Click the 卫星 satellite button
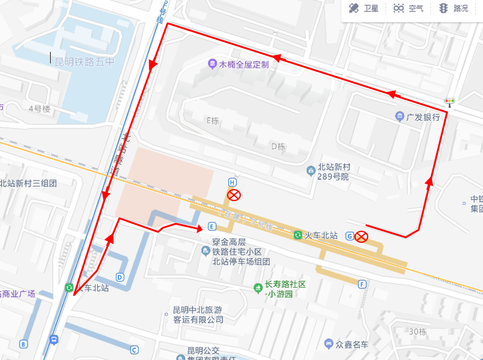(363, 8)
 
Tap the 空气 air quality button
(408, 8)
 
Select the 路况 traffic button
(453, 8)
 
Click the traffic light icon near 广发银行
(449, 103)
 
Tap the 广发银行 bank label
(417, 117)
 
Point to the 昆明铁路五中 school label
(85, 62)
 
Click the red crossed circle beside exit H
(233, 194)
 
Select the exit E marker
(211, 227)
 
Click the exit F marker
(362, 284)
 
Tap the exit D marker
(120, 277)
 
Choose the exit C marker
(134, 350)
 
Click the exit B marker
(24, 344)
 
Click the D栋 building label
(278, 146)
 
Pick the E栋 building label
(213, 120)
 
